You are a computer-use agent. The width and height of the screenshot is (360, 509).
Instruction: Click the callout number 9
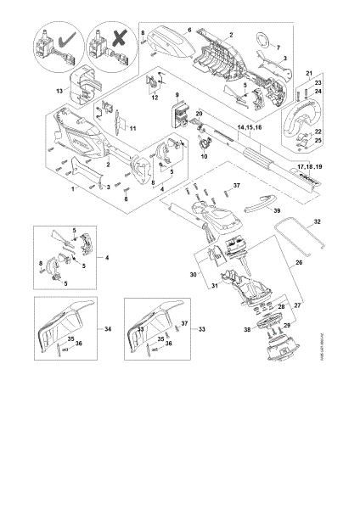pos(177,93)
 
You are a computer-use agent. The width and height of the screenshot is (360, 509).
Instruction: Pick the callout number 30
pos(193,275)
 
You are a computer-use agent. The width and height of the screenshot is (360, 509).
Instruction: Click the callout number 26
pos(297,263)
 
